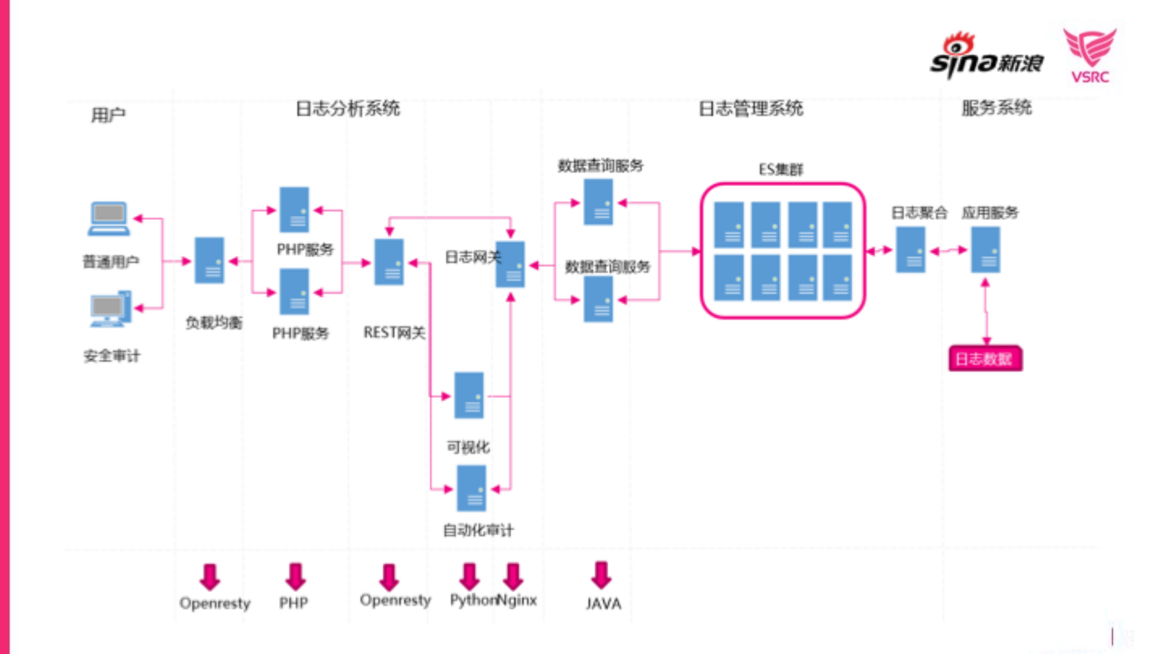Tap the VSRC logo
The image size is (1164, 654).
pos(1089,55)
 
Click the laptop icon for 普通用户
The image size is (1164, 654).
pos(109,219)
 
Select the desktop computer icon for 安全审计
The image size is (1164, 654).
pos(110,309)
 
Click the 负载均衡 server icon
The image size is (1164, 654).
pos(209,261)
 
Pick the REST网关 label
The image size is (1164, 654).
pos(394,333)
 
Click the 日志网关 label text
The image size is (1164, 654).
pos(472,257)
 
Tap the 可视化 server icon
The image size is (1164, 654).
pos(469,396)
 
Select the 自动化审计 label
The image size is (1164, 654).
pos(478,530)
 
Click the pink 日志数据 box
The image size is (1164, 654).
pos(985,359)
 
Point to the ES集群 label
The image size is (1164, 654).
pos(781,170)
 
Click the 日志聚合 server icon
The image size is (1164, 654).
pos(910,250)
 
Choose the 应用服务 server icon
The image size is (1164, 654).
pos(985,250)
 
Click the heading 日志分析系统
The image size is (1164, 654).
pos(348,108)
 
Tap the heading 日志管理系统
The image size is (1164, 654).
pos(750,108)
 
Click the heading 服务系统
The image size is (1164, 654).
pos(996,108)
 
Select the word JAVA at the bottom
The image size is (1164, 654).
pos(603,604)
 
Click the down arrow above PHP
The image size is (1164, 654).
pos(295,576)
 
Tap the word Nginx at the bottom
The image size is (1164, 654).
pos(517,600)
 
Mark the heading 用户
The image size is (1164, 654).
pos(108,115)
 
